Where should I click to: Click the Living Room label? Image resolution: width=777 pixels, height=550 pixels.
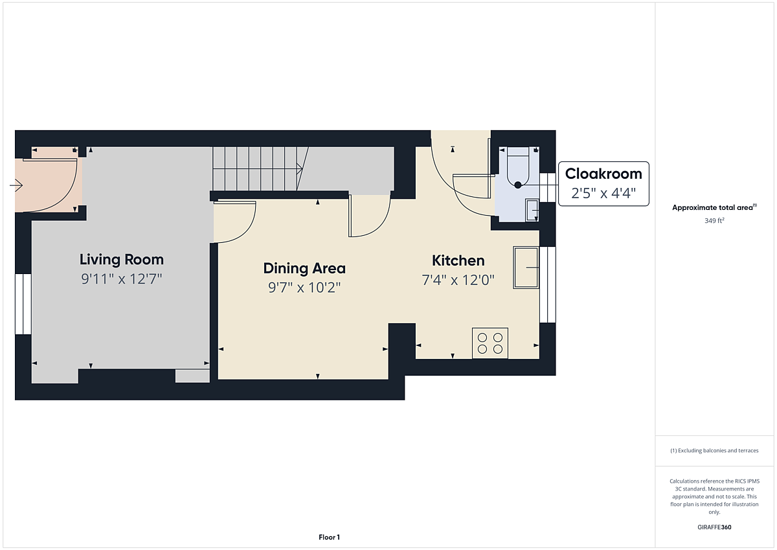pyautogui.click(x=122, y=260)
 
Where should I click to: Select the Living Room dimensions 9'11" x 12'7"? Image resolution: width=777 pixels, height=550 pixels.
pyautogui.click(x=122, y=279)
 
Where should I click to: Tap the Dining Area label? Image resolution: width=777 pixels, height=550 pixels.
pyautogui.click(x=304, y=268)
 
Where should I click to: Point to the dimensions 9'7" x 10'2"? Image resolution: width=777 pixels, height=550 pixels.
pyautogui.click(x=304, y=288)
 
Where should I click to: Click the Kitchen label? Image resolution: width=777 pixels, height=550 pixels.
pyautogui.click(x=458, y=260)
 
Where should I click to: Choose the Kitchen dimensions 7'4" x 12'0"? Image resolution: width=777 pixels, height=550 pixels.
pyautogui.click(x=458, y=280)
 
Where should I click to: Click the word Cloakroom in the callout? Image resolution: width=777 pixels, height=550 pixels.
pyautogui.click(x=603, y=174)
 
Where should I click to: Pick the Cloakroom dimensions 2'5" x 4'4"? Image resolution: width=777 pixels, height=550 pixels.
pyautogui.click(x=603, y=193)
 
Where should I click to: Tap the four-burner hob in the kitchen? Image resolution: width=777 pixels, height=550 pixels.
pyautogui.click(x=490, y=343)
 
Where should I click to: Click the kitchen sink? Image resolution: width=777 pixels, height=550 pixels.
pyautogui.click(x=526, y=268)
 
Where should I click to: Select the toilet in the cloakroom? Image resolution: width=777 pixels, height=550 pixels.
pyautogui.click(x=518, y=166)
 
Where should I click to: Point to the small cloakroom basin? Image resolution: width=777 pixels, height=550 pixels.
pyautogui.click(x=532, y=210)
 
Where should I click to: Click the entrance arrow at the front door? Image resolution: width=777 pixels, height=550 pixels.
pyautogui.click(x=16, y=185)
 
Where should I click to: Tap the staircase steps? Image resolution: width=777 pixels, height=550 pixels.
pyautogui.click(x=256, y=168)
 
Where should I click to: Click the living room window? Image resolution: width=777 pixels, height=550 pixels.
pyautogui.click(x=23, y=304)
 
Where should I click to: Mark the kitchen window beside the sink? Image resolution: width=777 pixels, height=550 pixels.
pyautogui.click(x=548, y=284)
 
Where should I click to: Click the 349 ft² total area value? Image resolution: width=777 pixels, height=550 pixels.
pyautogui.click(x=714, y=221)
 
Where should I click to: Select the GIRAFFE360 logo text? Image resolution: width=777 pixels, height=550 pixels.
pyautogui.click(x=714, y=527)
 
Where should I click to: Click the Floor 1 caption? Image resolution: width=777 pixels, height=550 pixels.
pyautogui.click(x=329, y=537)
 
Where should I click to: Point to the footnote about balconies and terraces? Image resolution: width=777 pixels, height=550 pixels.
pyautogui.click(x=714, y=450)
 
